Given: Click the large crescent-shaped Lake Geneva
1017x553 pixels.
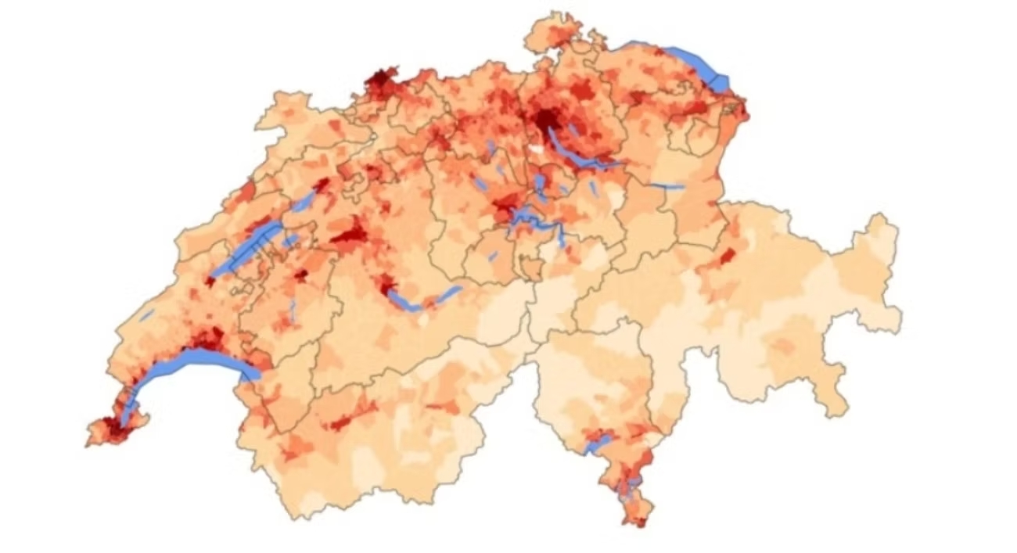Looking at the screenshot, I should point(196,362).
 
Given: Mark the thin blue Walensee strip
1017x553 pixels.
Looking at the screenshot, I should point(665,186).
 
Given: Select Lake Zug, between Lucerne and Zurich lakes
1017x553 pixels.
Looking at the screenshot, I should point(540,184).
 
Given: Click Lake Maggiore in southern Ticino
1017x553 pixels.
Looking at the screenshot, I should point(597,445).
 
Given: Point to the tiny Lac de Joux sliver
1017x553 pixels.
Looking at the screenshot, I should point(147,314).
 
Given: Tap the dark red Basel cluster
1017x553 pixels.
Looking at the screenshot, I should point(380,80).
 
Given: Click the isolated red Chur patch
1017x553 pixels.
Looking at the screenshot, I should point(728,257).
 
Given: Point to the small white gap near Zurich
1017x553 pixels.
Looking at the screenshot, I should point(536,148).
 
